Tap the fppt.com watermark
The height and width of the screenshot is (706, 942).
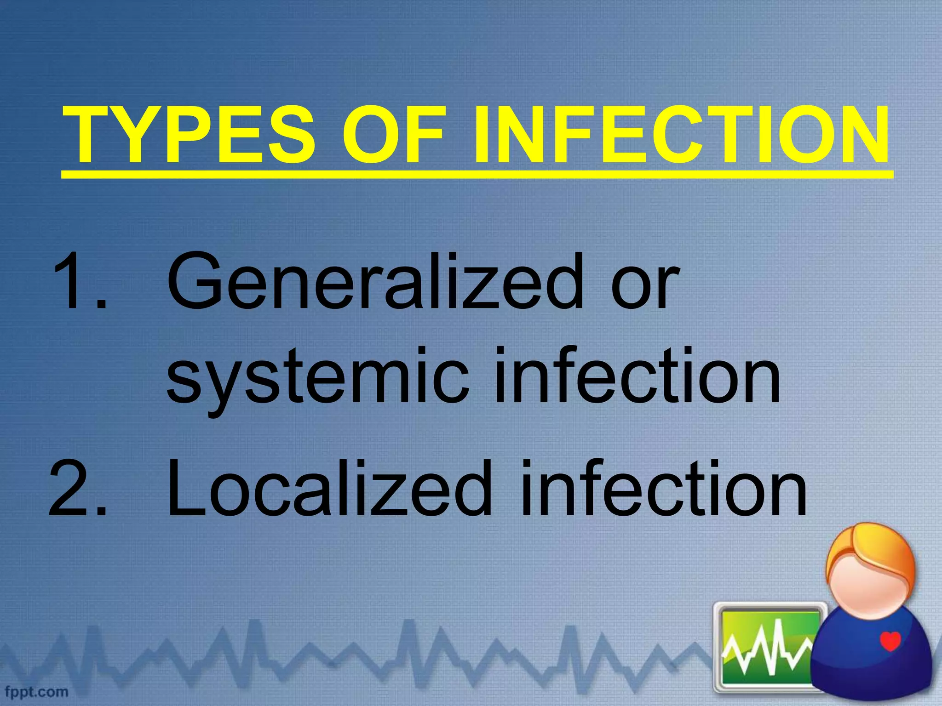pyautogui.click(x=37, y=692)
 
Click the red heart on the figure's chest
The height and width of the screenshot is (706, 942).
pyautogui.click(x=890, y=641)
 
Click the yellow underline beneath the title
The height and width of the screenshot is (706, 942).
pyautogui.click(x=477, y=174)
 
